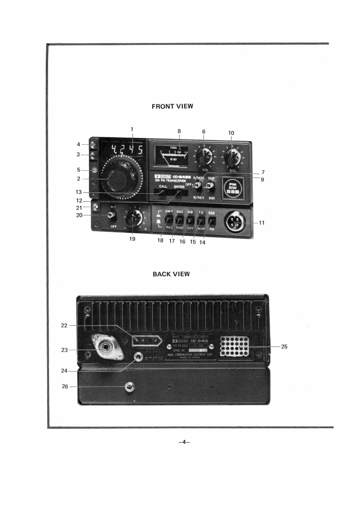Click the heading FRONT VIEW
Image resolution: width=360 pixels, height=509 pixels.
pyautogui.click(x=172, y=106)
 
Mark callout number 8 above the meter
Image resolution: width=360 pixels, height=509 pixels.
pyautogui.click(x=179, y=131)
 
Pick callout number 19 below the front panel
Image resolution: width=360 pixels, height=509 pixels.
pyautogui.click(x=133, y=240)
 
